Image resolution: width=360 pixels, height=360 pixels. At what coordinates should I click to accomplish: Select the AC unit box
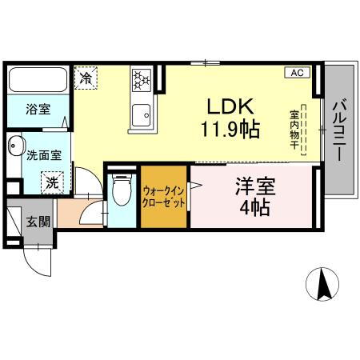click(x=296, y=73)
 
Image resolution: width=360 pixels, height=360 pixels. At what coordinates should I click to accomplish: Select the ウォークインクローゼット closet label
click(x=165, y=197)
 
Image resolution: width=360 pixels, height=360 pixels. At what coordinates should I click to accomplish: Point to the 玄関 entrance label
click(x=34, y=221)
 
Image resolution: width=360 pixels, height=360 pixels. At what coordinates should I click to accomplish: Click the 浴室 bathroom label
click(x=35, y=110)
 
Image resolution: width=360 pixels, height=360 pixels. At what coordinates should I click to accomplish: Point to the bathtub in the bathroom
click(x=38, y=82)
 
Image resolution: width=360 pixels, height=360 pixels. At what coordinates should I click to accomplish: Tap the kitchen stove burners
click(x=142, y=79)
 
